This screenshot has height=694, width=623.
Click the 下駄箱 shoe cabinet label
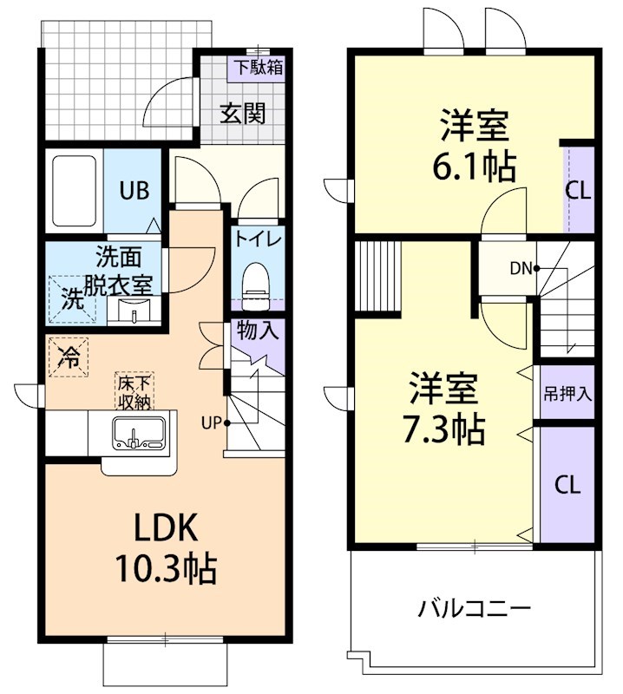pos(255,66)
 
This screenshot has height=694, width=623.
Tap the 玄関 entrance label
pos(241,114)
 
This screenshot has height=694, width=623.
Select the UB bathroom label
pos(134,191)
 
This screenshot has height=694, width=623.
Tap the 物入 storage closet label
pos(258,331)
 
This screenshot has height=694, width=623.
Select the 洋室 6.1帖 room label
pos(474,145)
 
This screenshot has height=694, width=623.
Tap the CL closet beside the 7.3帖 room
pos(567,485)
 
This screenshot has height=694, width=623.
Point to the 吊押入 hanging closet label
pos(567,393)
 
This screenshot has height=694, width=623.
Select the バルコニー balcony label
pos(474,608)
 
